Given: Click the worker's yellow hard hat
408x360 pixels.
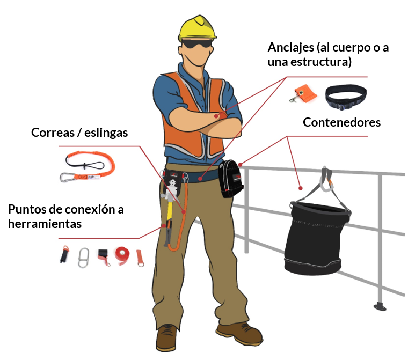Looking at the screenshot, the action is tap(197, 28).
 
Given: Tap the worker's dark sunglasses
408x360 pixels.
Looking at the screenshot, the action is tap(197, 43).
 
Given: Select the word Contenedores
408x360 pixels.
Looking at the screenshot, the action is tap(341, 122).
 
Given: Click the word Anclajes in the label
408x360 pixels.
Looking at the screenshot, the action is tap(291, 48).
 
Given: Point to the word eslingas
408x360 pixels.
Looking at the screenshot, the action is tap(106, 133).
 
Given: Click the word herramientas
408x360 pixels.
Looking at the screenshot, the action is tap(45, 224).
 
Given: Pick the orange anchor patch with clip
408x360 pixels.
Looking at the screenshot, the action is tap(303, 93).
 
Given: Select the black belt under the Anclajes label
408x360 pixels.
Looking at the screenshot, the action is tap(346, 97).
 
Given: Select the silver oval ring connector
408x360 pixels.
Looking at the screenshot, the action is tap(84, 258).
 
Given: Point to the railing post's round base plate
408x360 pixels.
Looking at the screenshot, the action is tap(380, 307).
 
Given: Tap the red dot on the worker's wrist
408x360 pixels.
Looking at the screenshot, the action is tap(216, 116).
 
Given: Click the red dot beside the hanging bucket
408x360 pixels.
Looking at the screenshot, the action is tap(301, 188).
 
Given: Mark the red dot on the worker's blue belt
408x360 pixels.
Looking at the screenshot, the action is tap(200, 179).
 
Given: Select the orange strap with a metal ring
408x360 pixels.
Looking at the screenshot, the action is tap(140, 258).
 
